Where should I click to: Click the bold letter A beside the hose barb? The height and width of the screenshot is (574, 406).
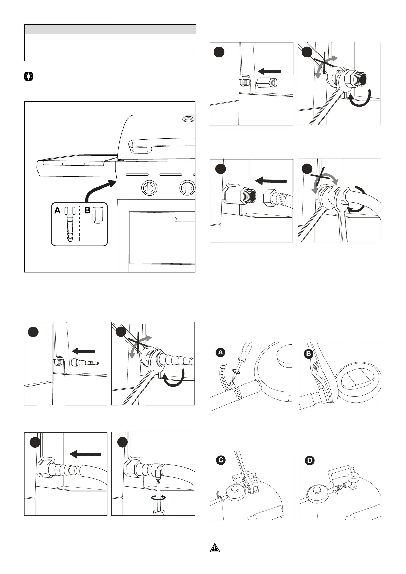coord(58,211)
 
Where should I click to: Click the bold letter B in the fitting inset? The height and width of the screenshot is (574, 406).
coord(87,211)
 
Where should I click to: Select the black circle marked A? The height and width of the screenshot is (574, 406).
coord(221,352)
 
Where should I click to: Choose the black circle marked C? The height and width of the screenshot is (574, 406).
coord(221,460)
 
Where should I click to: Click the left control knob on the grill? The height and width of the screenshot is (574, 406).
coord(149,187)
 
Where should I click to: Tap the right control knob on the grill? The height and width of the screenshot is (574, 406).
coord(187,187)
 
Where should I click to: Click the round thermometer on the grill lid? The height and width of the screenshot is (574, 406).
coord(187,119)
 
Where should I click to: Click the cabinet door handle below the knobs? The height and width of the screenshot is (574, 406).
coord(184,219)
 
